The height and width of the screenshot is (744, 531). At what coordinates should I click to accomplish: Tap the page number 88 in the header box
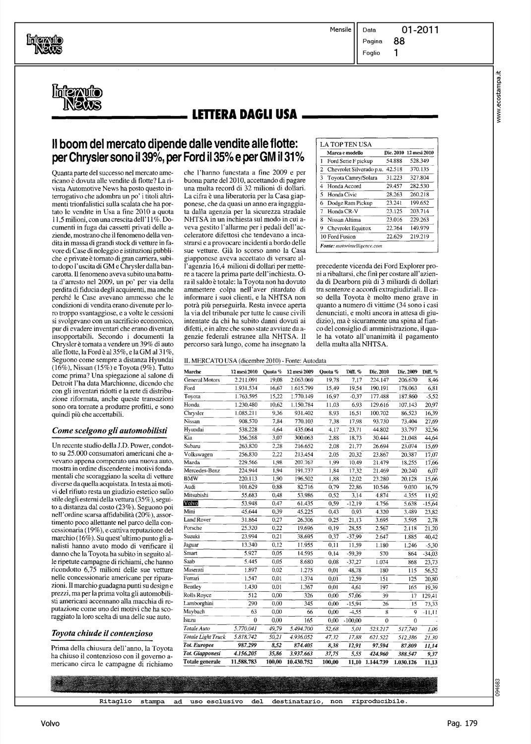coord(399,42)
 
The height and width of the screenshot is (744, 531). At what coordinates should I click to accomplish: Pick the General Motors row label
coord(201,379)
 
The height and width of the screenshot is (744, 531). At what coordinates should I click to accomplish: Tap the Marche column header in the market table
coord(193,372)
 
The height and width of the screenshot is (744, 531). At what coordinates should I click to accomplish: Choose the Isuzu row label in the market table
coord(190,620)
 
